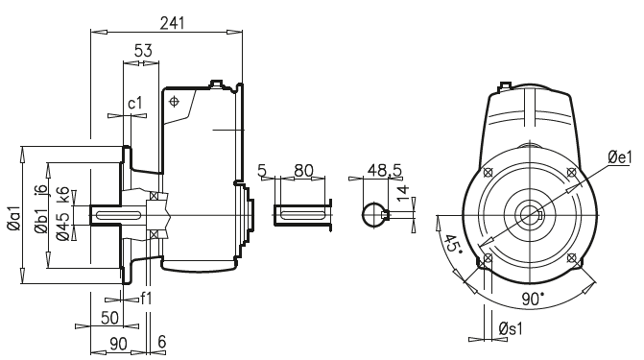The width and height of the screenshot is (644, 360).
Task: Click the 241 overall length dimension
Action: [x=173, y=21]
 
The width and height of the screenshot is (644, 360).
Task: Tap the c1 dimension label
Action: [x=134, y=103]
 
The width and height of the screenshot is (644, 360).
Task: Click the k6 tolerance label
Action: [x=63, y=193]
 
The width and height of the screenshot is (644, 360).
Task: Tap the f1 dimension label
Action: [x=146, y=299]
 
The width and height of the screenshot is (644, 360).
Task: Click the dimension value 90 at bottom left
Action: [x=120, y=343]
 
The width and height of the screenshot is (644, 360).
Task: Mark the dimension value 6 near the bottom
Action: [x=161, y=343]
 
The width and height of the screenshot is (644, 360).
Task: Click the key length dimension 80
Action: [x=303, y=170]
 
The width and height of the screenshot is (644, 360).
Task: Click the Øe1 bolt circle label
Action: [x=620, y=156]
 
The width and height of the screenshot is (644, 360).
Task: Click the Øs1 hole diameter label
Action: [x=512, y=329]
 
